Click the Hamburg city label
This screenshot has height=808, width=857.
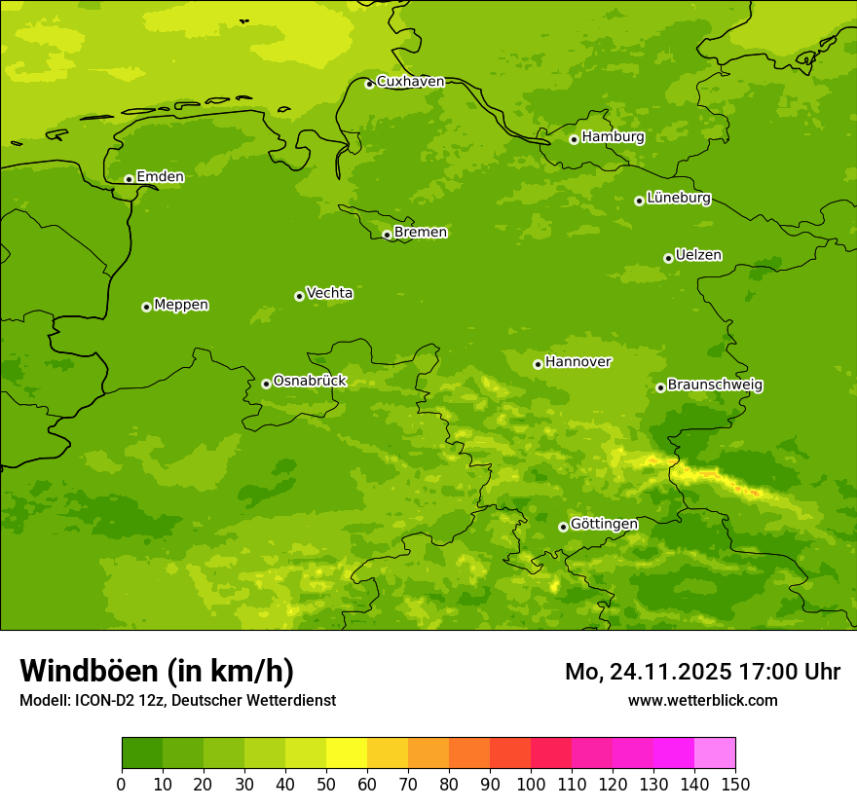pyautogui.click(x=613, y=137)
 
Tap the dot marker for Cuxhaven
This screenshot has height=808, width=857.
pyautogui.click(x=369, y=84)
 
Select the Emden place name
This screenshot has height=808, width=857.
pyautogui.click(x=160, y=177)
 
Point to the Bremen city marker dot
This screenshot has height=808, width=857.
pyautogui.click(x=387, y=235)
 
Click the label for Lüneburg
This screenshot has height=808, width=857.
pyautogui.click(x=678, y=199)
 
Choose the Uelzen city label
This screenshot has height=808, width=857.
pyautogui.click(x=698, y=256)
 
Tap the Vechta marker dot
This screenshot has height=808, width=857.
pyautogui.click(x=299, y=296)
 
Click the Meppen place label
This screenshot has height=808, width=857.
pyautogui.click(x=181, y=305)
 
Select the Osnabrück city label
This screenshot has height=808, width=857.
pyautogui.click(x=310, y=382)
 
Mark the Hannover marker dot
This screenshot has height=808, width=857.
pyautogui.click(x=538, y=364)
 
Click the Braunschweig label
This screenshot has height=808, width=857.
pyautogui.click(x=715, y=386)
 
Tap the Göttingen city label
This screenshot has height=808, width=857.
pyautogui.click(x=604, y=525)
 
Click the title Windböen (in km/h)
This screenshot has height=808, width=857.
pyautogui.click(x=157, y=672)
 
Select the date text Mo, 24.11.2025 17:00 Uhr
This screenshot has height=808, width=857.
pyautogui.click(x=702, y=672)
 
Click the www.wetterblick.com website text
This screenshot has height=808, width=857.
pyautogui.click(x=702, y=700)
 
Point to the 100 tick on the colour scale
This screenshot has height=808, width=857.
pyautogui.click(x=531, y=784)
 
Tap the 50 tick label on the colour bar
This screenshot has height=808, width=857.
pyautogui.click(x=326, y=784)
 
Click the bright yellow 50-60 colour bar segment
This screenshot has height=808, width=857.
pyautogui.click(x=347, y=753)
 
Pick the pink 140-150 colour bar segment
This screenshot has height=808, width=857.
pyautogui.click(x=715, y=753)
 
